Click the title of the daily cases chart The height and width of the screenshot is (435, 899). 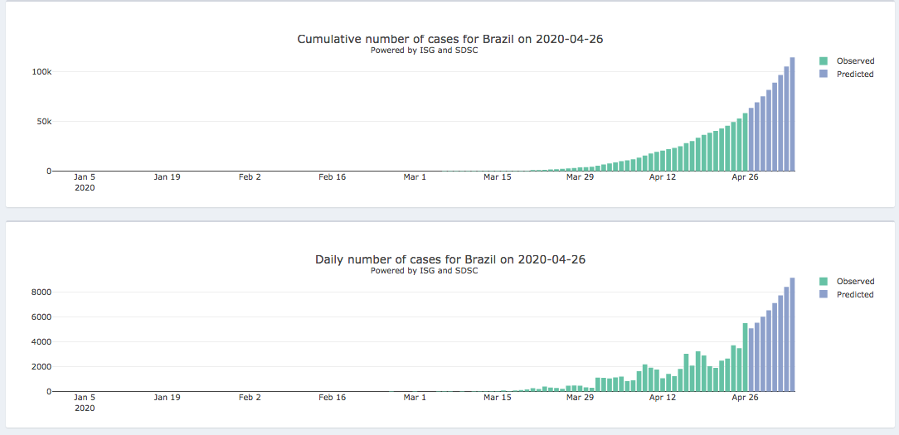coord(450,259)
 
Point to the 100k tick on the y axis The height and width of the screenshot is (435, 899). coord(41,72)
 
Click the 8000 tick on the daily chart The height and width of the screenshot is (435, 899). coord(42,292)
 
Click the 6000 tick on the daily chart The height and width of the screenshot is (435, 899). coord(42,317)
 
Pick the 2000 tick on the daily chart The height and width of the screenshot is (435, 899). coord(42,367)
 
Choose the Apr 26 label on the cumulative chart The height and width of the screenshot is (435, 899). coord(745,176)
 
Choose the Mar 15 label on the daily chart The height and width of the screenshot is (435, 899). coord(498,398)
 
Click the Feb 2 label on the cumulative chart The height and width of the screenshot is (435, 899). coord(250,176)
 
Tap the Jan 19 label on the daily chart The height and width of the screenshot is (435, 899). coord(167,398)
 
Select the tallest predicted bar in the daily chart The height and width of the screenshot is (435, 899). coord(792,335)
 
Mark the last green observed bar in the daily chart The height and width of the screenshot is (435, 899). coord(745,357)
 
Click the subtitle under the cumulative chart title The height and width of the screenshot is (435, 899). coord(424,51)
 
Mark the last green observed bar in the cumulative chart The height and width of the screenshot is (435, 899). coord(745,143)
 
